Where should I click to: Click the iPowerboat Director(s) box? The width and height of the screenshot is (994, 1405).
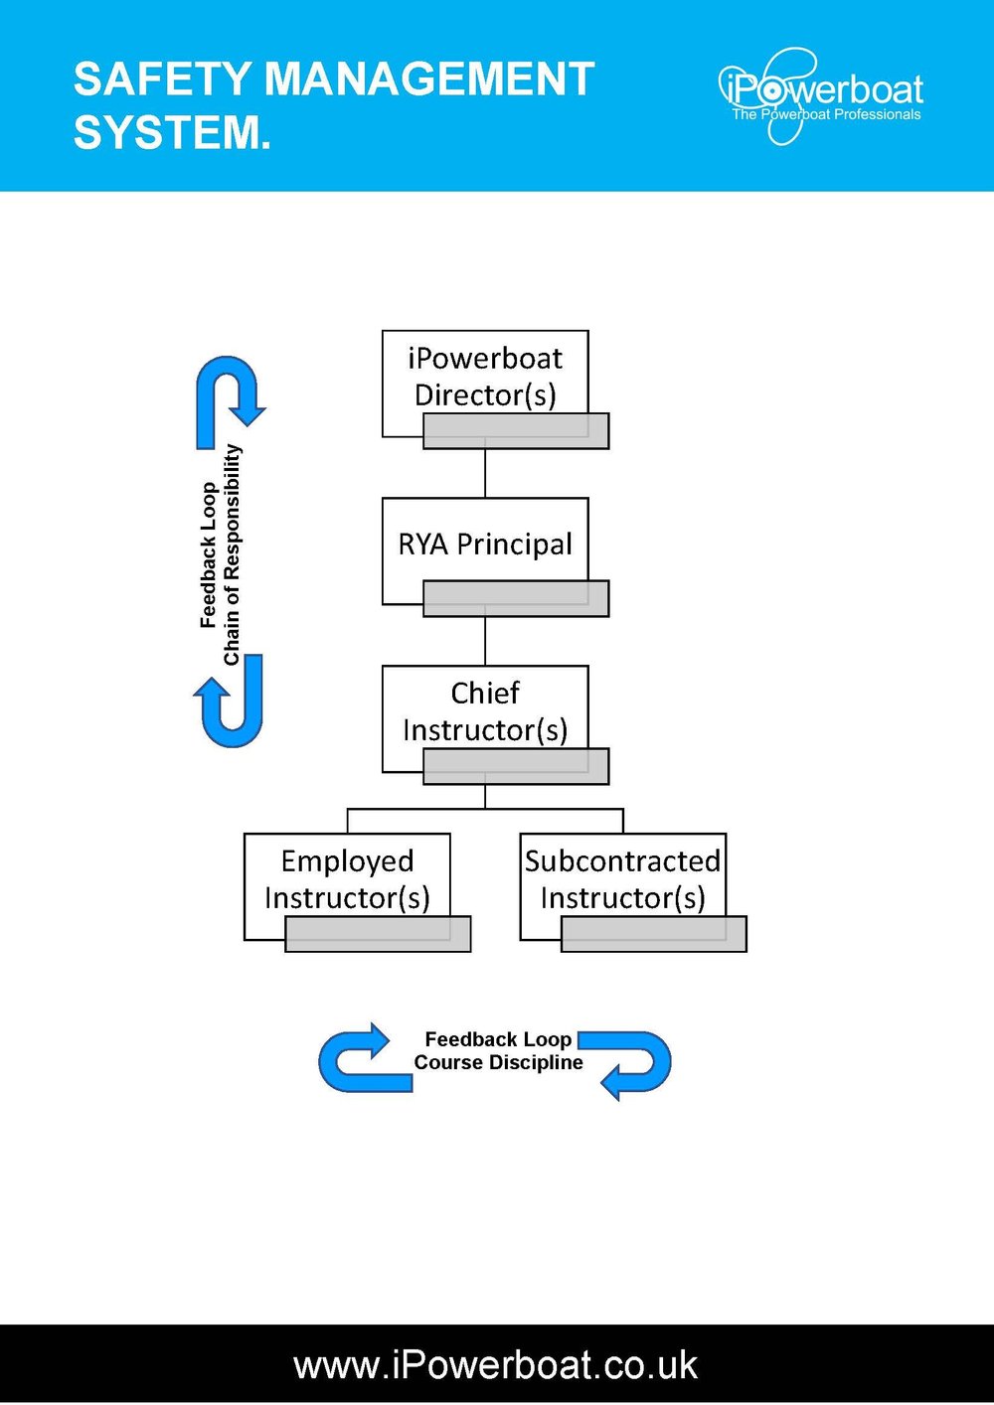(x=485, y=376)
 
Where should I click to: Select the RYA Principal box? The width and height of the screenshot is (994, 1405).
(x=485, y=544)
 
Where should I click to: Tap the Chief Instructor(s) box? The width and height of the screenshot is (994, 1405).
(x=485, y=710)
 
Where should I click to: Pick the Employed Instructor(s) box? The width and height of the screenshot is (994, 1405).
(x=347, y=878)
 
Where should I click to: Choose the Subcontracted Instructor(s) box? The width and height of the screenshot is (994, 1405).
(x=623, y=878)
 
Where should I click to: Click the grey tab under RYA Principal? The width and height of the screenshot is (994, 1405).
(x=516, y=599)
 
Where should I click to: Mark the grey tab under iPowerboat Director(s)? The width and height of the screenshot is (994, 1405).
(x=516, y=431)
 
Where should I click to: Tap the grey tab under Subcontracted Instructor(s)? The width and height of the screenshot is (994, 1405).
(x=654, y=935)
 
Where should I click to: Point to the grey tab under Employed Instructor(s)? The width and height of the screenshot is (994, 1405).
(x=378, y=935)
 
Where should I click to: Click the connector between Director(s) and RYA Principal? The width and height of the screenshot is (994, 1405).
(x=485, y=473)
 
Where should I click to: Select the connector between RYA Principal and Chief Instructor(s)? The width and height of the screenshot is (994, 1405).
(x=485, y=641)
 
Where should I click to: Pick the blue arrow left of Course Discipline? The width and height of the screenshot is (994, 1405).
(x=363, y=1059)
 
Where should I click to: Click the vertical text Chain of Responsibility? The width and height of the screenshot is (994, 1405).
(x=232, y=554)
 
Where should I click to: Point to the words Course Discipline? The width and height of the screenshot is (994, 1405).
(x=498, y=1062)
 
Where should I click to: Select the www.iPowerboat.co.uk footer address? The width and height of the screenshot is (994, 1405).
(x=495, y=1364)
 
